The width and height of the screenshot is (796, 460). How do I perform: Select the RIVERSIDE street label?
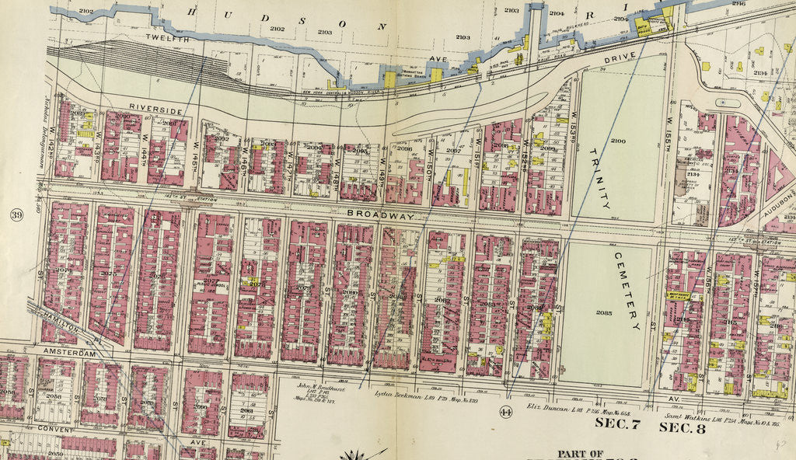pyautogui.click(x=155, y=109)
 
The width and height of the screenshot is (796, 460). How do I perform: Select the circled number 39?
pyautogui.click(x=16, y=214)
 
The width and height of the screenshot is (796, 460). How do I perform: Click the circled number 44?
pyautogui.click(x=506, y=411)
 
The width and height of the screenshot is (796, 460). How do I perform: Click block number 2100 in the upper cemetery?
pyautogui.click(x=617, y=140)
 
